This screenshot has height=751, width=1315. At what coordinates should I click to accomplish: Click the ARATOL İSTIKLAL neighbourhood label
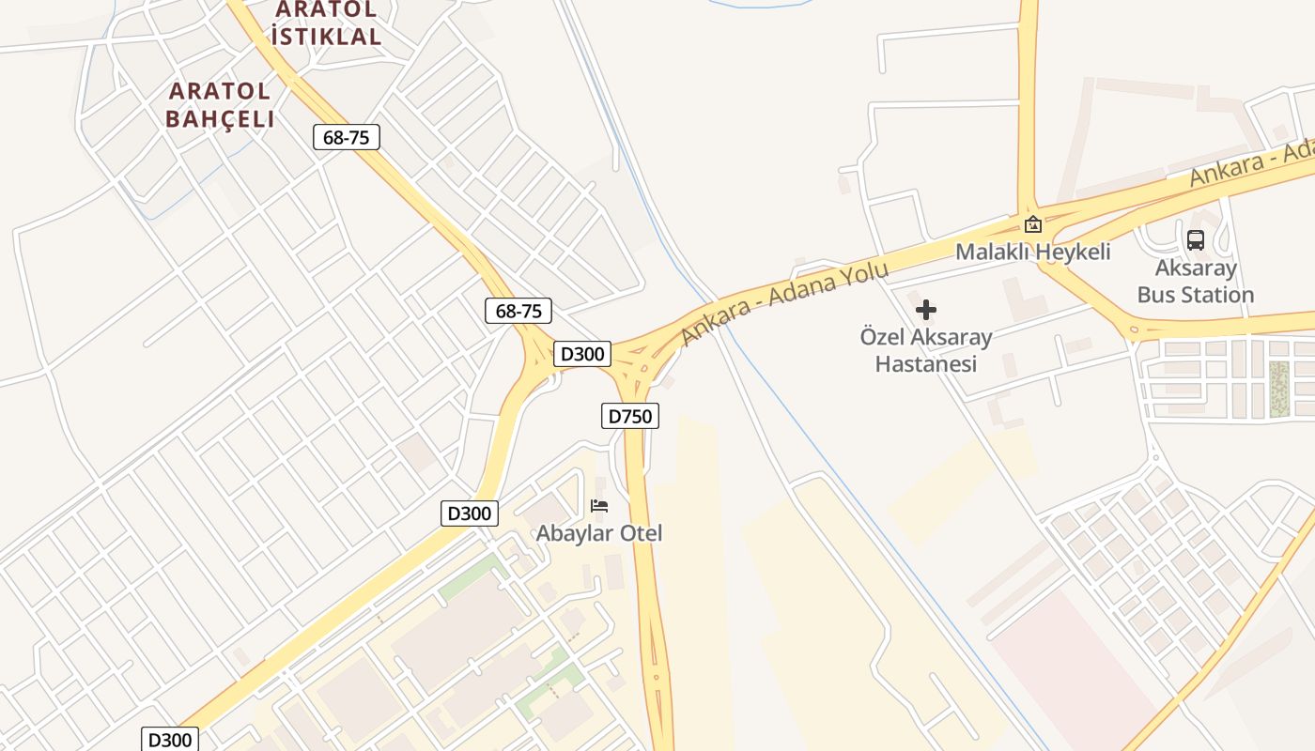(326, 23)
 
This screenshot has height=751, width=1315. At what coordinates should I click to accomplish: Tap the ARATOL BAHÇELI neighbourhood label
(221, 104)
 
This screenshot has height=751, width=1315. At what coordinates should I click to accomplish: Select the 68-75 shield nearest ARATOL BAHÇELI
(346, 137)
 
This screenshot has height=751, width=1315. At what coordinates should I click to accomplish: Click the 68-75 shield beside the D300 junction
(518, 311)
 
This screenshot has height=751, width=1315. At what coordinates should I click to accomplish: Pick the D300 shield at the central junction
(582, 354)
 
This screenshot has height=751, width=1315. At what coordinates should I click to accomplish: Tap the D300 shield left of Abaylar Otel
(469, 513)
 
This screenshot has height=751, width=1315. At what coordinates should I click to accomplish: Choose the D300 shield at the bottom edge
(170, 739)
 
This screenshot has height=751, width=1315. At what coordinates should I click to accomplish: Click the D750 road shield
(629, 416)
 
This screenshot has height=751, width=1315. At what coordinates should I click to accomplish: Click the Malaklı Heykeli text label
(1032, 252)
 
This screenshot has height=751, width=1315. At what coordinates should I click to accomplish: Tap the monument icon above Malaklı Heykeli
(1033, 223)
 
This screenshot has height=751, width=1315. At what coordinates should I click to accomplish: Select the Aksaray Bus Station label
(1196, 282)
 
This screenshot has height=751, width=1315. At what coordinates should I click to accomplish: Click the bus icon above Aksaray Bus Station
(1195, 239)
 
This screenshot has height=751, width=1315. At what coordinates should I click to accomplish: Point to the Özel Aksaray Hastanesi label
(926, 349)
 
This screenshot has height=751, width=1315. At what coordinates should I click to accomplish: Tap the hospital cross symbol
(926, 310)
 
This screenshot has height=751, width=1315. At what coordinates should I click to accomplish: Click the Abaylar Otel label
(599, 533)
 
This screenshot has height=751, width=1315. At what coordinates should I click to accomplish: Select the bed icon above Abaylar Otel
(599, 506)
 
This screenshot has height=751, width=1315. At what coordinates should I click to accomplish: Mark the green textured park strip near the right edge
(1278, 388)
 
